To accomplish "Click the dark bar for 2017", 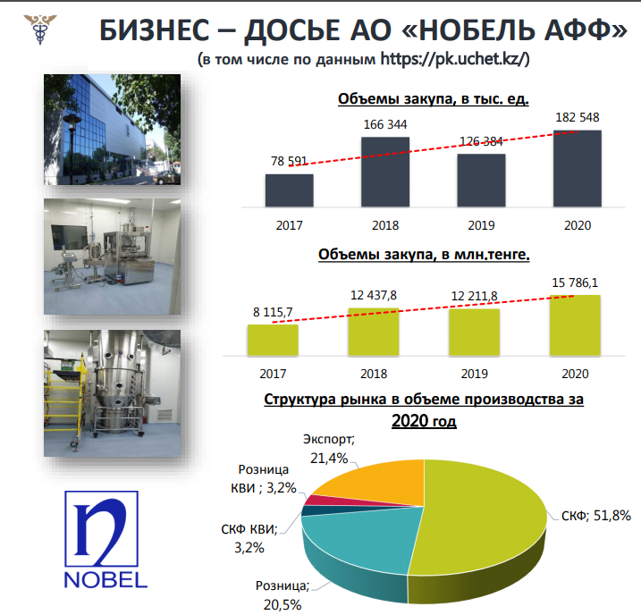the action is [290, 190].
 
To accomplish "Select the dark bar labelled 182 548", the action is [578, 169].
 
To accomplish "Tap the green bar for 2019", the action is [474, 333].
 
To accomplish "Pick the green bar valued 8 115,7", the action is [273, 340].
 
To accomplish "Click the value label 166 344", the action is [385, 124].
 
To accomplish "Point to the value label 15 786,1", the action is [575, 282].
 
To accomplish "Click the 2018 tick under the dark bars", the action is [385, 225].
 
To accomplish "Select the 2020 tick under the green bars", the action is [575, 374].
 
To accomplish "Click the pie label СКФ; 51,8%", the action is [596, 516].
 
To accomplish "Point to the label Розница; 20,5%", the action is [283, 595].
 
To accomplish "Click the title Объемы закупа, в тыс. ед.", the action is [434, 99].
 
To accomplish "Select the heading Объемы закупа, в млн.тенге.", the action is [424, 254].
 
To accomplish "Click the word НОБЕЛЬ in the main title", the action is [477, 30].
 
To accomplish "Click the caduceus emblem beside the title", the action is [40, 29].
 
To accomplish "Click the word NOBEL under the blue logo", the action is [105, 580].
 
